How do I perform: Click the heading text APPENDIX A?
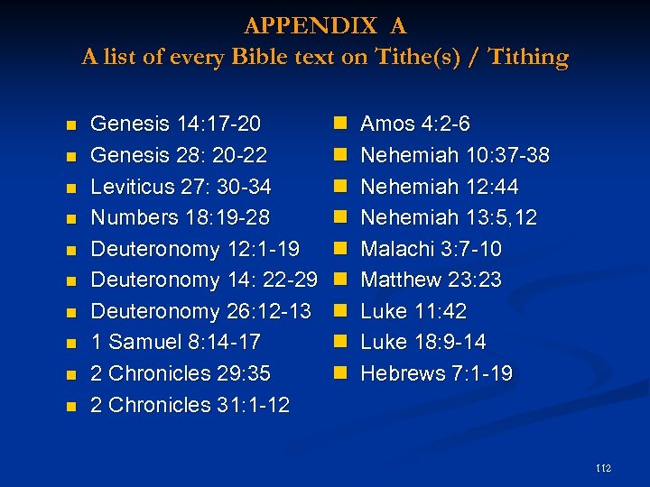click(x=325, y=24)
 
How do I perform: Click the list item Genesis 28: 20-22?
click(x=180, y=155)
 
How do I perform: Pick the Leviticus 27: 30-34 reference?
click(x=181, y=187)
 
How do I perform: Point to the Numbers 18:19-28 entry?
click(x=181, y=217)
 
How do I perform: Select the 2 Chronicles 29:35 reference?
click(x=181, y=373)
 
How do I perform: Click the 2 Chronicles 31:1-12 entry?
click(x=190, y=405)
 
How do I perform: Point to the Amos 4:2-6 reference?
click(x=415, y=124)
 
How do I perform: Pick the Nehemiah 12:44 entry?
click(x=440, y=187)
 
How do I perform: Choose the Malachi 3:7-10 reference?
click(x=432, y=249)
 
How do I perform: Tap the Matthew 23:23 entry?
click(x=432, y=280)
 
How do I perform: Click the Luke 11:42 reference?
click(x=414, y=311)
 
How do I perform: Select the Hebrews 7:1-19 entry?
click(x=437, y=373)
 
